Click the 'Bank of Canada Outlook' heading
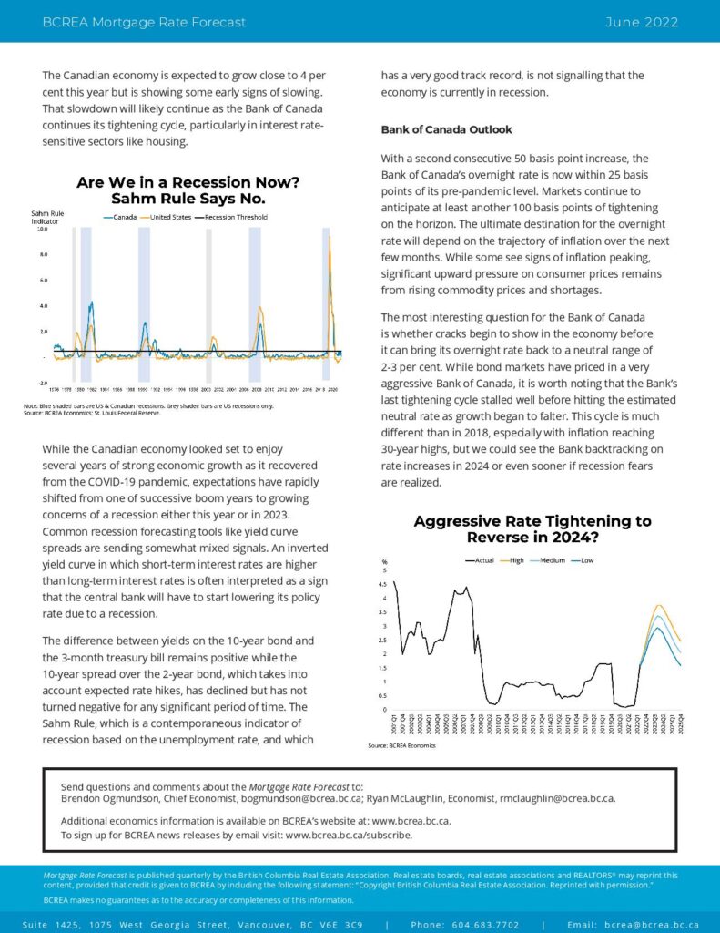(x=446, y=129)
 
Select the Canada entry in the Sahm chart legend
(x=124, y=217)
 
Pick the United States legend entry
(x=169, y=217)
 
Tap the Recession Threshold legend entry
(x=236, y=217)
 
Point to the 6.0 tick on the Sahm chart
(x=42, y=281)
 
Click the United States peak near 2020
(x=329, y=239)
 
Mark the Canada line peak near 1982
(x=91, y=303)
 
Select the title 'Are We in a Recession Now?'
(x=188, y=182)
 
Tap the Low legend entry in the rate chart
(x=586, y=559)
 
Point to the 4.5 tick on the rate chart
(x=385, y=583)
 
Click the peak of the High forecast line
(x=658, y=605)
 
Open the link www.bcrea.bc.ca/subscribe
(x=349, y=835)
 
